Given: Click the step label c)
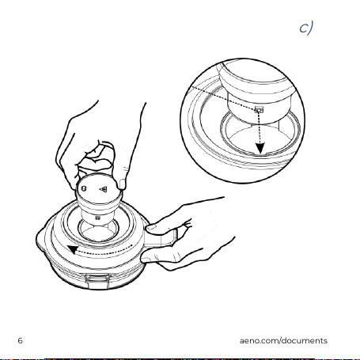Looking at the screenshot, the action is [306, 28].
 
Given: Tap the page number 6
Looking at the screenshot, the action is [21, 340].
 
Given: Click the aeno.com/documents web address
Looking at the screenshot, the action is [283, 340].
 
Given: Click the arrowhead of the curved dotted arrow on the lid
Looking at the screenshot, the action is [72, 249].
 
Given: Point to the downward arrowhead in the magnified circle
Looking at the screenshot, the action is [260, 149].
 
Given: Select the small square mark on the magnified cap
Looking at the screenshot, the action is [259, 109].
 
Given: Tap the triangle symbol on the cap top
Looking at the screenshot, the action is [104, 189].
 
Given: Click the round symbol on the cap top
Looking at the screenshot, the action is [84, 188].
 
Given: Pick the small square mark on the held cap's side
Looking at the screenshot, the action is [97, 218].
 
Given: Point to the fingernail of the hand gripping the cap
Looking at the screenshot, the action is [123, 184].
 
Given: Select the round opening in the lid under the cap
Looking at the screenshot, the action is [99, 230].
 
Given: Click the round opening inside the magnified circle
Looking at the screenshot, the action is [260, 135].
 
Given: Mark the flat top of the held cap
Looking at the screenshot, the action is [99, 188].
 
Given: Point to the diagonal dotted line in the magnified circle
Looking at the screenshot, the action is [224, 97].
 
